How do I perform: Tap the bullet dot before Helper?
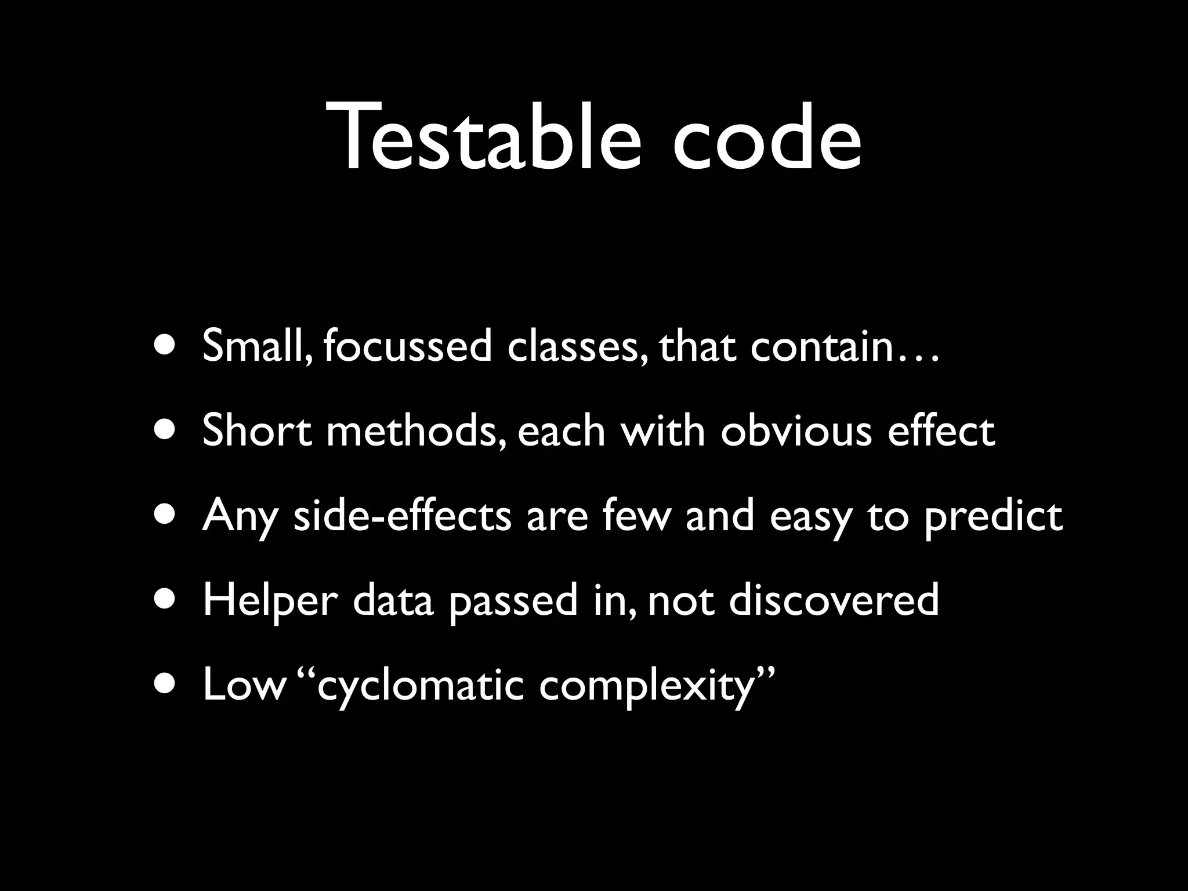tap(166, 600)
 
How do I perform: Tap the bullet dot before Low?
tap(166, 684)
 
